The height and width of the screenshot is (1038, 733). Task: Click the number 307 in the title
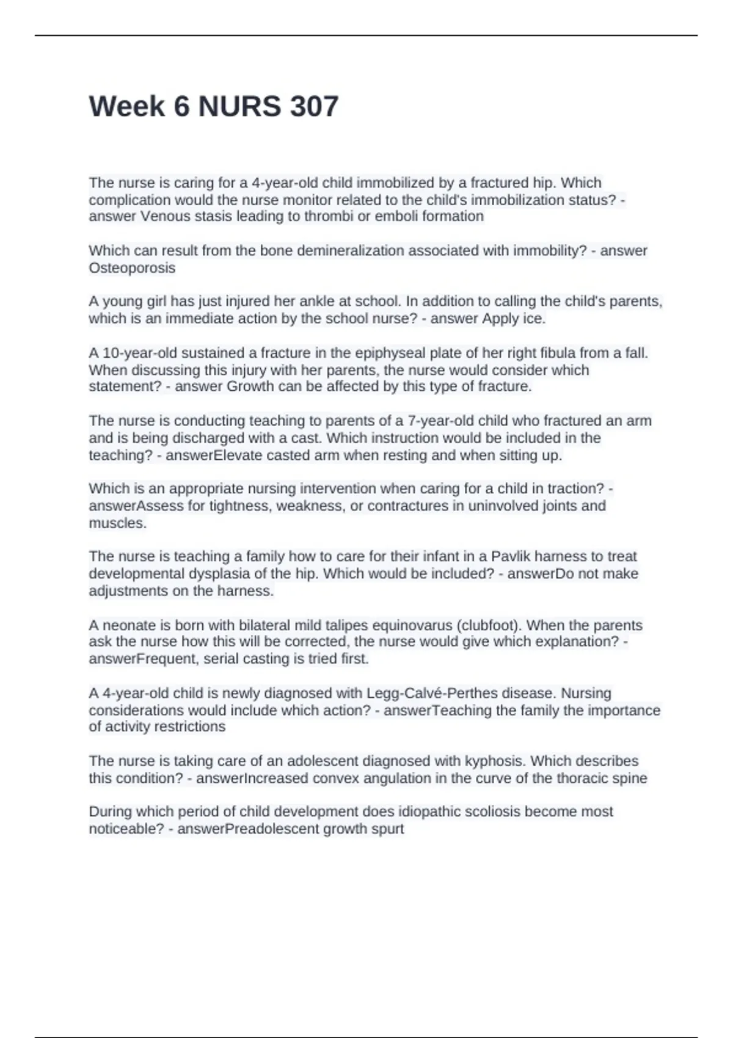click(x=314, y=107)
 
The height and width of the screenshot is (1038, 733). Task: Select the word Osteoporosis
click(x=132, y=268)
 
